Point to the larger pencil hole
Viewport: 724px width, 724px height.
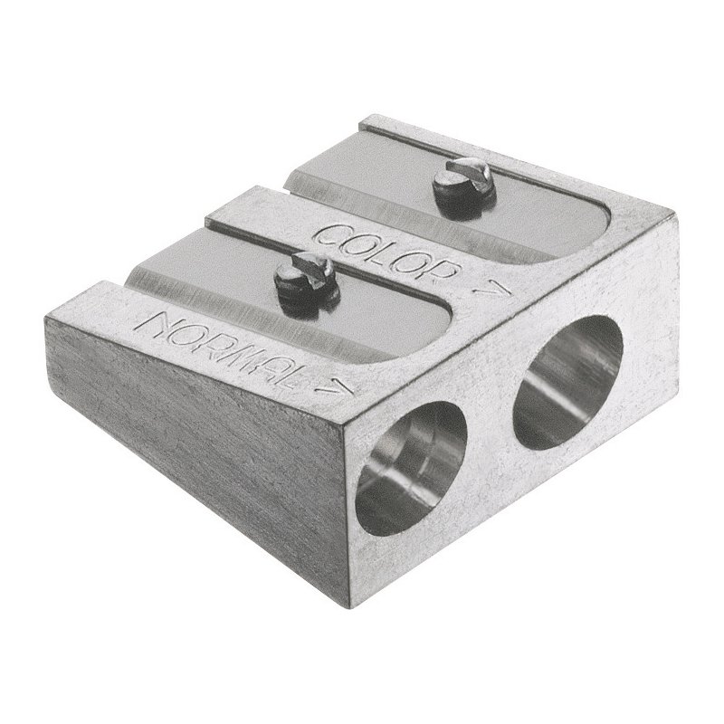tap(568, 382)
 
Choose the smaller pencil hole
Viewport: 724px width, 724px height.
tap(411, 468)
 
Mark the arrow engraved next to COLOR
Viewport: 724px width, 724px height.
tap(491, 289)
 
